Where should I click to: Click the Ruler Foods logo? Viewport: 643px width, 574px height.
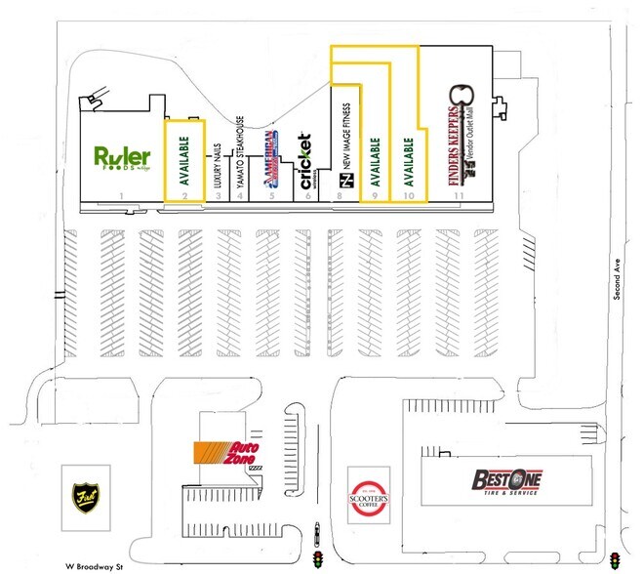pyautogui.click(x=122, y=157)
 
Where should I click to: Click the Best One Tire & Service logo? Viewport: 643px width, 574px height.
pyautogui.click(x=506, y=481)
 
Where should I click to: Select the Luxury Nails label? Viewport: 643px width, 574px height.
pyautogui.click(x=219, y=166)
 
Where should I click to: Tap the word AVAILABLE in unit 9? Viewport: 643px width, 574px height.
pyautogui.click(x=375, y=161)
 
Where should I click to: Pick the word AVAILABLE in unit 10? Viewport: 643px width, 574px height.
pyautogui.click(x=410, y=161)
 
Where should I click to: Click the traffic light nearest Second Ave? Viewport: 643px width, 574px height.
pyautogui.click(x=615, y=560)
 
